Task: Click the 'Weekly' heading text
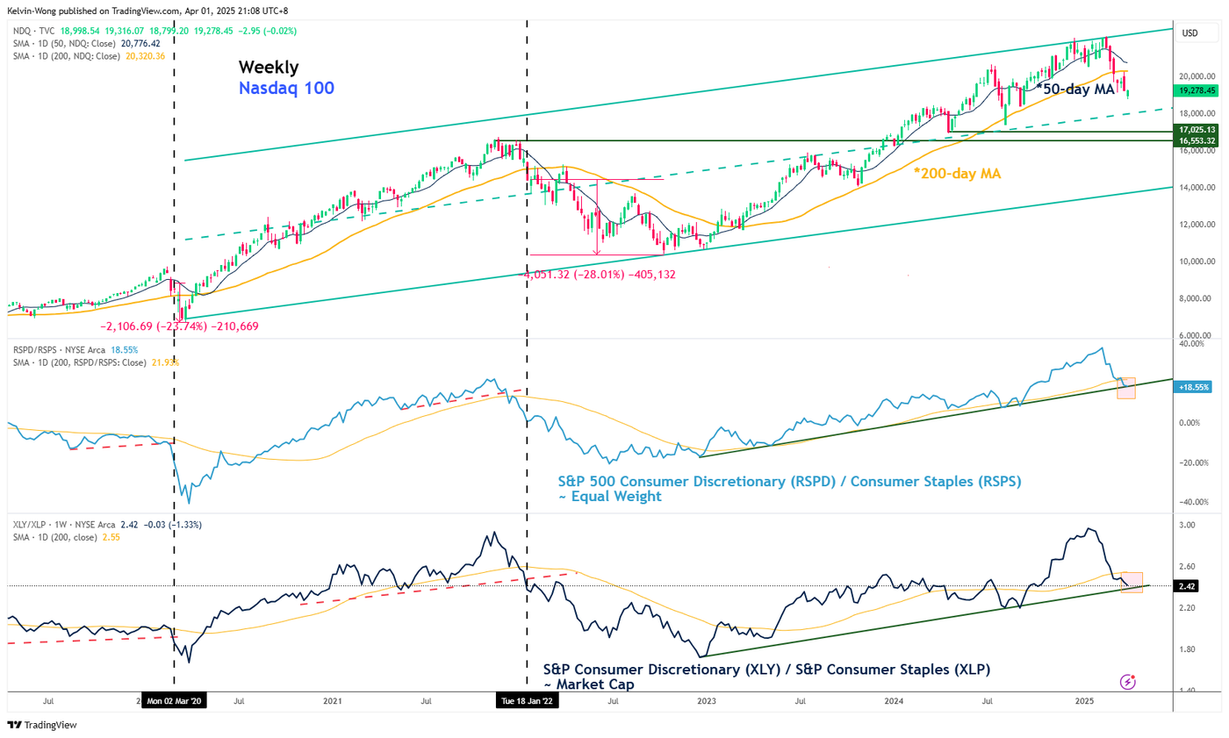270,67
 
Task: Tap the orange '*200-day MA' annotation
959,174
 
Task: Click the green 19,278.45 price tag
1198,90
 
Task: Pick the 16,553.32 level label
1198,140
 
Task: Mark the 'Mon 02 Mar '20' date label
174,702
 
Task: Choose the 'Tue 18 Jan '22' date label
526,702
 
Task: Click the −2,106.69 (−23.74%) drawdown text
180,326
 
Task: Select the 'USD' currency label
1190,33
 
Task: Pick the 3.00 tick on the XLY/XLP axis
1186,525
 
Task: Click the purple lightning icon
1128,681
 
